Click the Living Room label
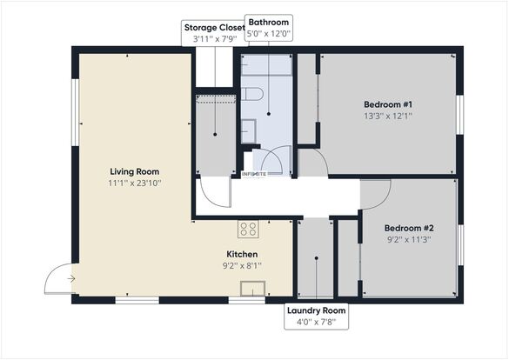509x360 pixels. click(134, 172)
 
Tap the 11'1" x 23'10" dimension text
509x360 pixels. click(134, 183)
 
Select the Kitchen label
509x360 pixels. click(242, 254)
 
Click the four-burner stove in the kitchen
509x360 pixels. click(248, 229)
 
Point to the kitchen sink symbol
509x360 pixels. click(252, 289)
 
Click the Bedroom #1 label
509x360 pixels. click(388, 104)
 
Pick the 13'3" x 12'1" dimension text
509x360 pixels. click(388, 116)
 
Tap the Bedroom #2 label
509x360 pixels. click(409, 228)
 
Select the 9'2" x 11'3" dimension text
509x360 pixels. click(409, 240)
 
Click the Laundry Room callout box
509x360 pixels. click(316, 317)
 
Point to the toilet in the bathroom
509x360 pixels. click(251, 94)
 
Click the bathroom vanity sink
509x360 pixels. click(248, 131)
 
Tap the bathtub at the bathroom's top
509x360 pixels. click(266, 65)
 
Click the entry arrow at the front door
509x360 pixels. click(71, 278)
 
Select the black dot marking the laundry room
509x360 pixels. click(317, 258)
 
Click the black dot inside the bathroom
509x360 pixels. click(269, 114)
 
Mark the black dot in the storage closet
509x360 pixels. click(215, 134)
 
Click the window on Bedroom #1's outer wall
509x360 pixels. click(459, 115)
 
